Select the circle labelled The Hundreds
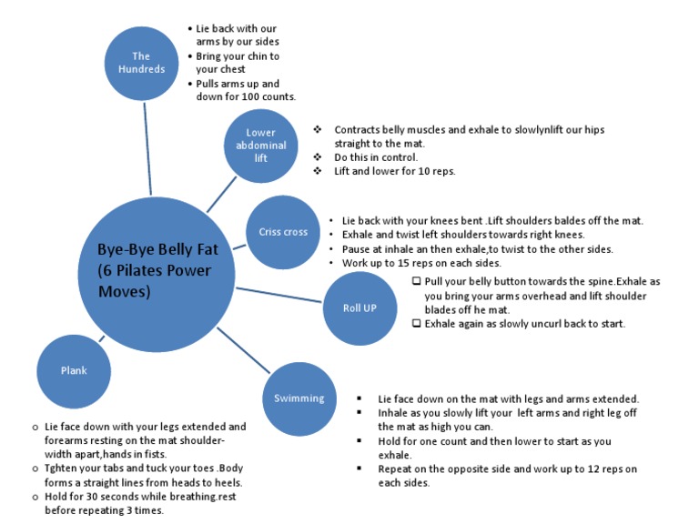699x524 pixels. point(141,63)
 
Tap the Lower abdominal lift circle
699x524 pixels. point(261,145)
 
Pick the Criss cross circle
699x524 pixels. point(283,231)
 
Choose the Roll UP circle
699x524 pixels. point(360,307)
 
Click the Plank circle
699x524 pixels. point(74,370)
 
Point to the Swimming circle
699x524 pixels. point(299,398)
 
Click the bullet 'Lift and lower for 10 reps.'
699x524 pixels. point(394,171)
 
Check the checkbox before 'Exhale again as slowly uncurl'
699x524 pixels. point(416,323)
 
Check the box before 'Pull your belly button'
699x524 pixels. point(416,281)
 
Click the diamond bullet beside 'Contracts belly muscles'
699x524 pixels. point(317,130)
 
